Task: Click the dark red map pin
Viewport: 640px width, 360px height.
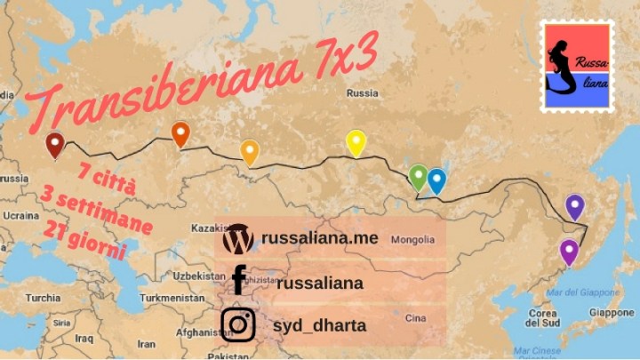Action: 55,144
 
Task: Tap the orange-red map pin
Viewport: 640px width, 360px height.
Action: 180,134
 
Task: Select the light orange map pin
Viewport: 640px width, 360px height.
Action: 250,152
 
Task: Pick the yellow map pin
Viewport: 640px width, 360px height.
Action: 356,142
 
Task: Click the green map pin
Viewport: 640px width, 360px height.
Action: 418,177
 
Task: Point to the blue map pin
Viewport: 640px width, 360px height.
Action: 436,180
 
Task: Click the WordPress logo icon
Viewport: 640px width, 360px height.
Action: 238,239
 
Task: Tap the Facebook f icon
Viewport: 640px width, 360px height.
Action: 238,280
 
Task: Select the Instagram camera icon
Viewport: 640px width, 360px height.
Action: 238,324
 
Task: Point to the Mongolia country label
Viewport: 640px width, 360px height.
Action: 413,239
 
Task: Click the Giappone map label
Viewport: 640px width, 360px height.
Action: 611,313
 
